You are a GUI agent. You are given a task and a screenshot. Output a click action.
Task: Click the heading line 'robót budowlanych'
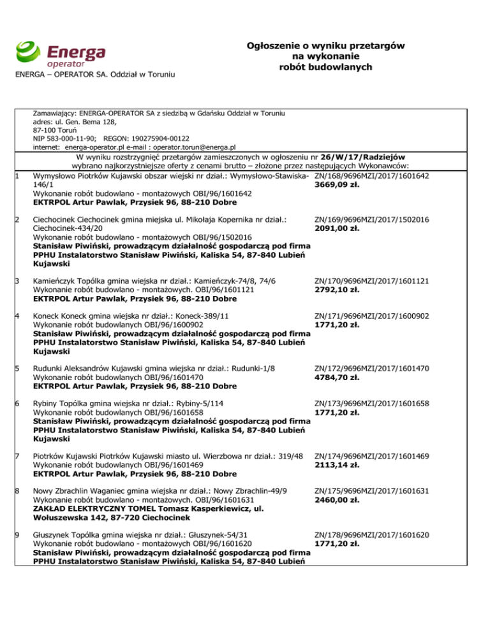click(x=326, y=67)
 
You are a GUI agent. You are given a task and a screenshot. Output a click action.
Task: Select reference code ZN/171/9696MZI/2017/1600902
click(x=372, y=315)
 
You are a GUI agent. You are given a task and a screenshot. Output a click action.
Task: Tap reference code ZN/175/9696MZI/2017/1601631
click(x=372, y=491)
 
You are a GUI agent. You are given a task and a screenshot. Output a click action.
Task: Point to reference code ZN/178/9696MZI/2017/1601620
click(x=372, y=536)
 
